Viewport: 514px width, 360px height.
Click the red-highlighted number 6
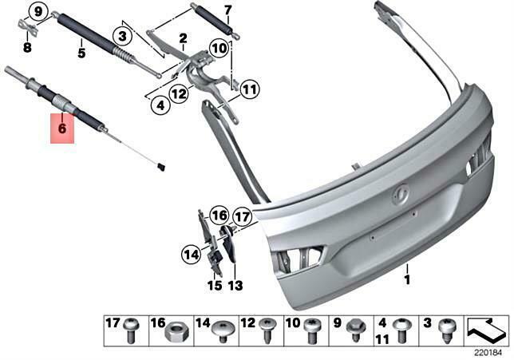point(62,126)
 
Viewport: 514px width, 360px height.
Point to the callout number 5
point(81,53)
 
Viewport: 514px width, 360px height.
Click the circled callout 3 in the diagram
point(122,36)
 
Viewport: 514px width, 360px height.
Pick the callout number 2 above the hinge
point(183,38)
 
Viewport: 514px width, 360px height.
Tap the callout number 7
point(227,10)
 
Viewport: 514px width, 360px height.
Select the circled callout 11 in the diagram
point(249,89)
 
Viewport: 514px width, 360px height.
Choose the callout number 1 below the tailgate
point(406,280)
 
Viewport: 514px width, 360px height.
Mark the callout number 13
point(235,285)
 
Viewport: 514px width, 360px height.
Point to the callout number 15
point(214,285)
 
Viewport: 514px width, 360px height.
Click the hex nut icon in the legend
point(173,330)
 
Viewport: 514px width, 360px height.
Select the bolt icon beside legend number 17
point(132,329)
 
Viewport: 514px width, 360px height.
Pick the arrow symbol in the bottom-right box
point(486,328)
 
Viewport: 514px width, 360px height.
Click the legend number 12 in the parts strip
point(247,323)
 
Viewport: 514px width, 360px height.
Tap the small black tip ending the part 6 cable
point(162,167)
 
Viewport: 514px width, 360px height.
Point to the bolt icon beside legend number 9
point(357,328)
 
